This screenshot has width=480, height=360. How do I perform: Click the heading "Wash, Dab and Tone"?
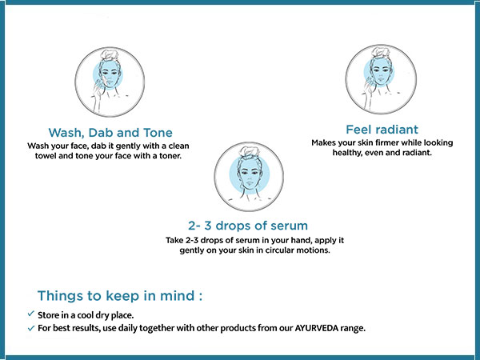(110, 133)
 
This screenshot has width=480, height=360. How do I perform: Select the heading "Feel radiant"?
(382, 130)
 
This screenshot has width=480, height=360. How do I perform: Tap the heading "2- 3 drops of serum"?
(248, 226)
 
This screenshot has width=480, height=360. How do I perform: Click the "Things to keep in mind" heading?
(120, 296)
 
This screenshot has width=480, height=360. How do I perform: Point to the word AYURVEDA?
(316, 328)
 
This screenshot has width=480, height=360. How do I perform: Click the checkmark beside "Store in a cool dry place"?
(30, 314)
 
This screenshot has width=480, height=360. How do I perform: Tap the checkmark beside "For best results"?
(30, 328)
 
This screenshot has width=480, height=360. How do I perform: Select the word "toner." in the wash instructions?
(170, 156)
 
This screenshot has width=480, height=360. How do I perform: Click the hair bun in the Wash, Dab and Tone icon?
(108, 55)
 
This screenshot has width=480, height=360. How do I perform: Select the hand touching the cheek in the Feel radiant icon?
(369, 83)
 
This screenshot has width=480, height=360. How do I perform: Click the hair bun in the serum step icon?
(249, 151)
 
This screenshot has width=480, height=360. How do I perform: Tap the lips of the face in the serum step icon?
(249, 183)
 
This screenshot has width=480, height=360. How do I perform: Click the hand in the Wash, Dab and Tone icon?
(98, 86)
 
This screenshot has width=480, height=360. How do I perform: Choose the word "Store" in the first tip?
(47, 314)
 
